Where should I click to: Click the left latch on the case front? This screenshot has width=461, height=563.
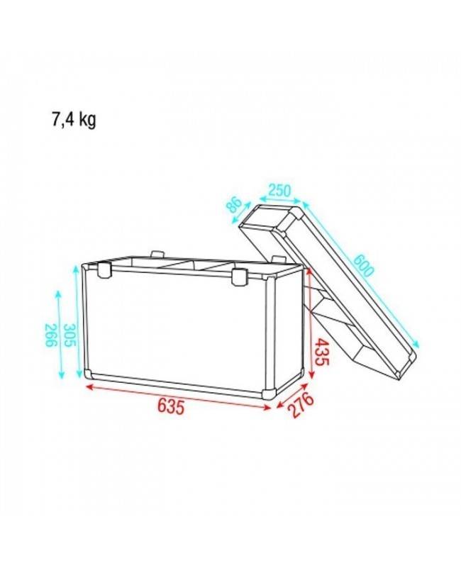coord(104,270)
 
